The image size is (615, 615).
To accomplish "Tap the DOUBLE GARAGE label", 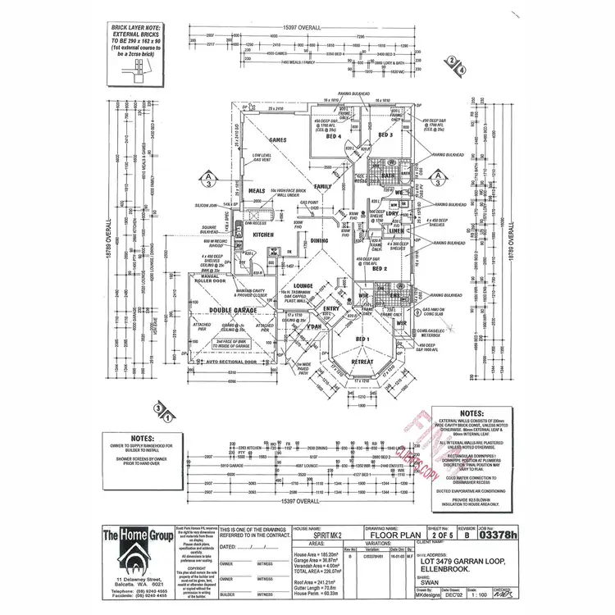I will (233, 311).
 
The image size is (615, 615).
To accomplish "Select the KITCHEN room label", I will (262, 235).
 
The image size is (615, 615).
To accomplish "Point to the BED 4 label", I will (333, 136).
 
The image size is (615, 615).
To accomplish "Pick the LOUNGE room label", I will (293, 286).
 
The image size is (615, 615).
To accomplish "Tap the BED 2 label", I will (380, 269).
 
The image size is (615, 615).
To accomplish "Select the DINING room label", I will (319, 240).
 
